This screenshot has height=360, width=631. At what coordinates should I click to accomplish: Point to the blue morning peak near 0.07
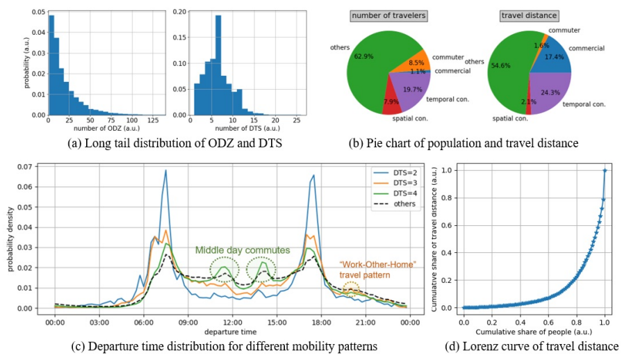tap(166, 170)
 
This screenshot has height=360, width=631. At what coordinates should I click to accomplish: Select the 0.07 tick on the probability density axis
tap(26, 167)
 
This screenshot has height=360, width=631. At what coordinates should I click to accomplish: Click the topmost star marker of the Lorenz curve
tap(605, 170)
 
